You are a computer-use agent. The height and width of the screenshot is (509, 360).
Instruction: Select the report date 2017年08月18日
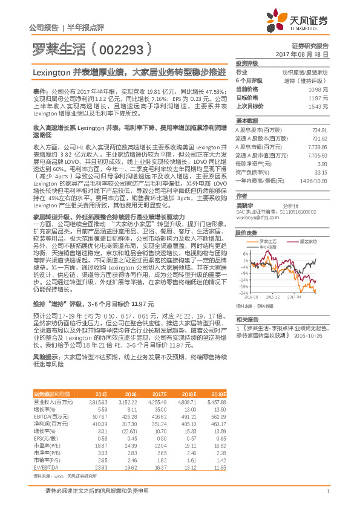click(307, 54)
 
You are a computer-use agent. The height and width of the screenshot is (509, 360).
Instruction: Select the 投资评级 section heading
click(247, 63)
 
